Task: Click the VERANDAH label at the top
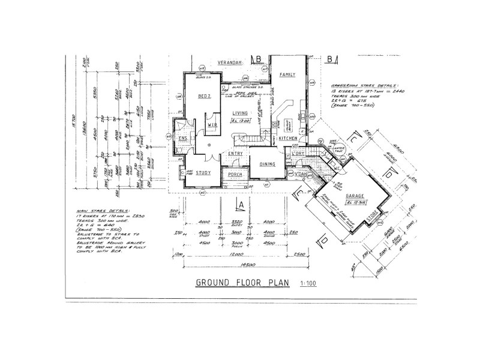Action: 230,62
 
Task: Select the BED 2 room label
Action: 205,97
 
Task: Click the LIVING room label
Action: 241,113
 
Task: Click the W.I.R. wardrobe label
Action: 211,125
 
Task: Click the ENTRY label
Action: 235,154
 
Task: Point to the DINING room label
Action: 267,164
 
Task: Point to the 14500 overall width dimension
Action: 242,265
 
